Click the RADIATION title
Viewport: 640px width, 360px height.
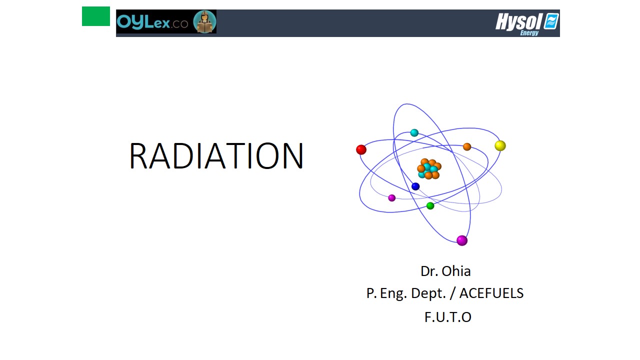pyautogui.click(x=216, y=155)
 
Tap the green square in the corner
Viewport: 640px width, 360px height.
pyautogui.click(x=96, y=16)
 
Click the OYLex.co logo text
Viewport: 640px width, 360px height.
pyautogui.click(x=152, y=21)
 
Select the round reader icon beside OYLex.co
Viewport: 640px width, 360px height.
pyautogui.click(x=204, y=21)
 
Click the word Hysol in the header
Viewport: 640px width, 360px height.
pyautogui.click(x=518, y=21)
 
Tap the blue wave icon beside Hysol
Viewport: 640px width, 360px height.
pyautogui.click(x=551, y=21)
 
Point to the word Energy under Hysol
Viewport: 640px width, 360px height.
pyautogui.click(x=529, y=33)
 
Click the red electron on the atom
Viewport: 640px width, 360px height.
pyautogui.click(x=361, y=149)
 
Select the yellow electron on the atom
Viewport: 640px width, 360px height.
pyautogui.click(x=500, y=145)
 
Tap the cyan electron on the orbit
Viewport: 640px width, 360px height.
pyautogui.click(x=414, y=132)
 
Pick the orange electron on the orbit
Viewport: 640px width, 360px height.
pyautogui.click(x=467, y=146)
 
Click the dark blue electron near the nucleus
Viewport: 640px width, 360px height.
pyautogui.click(x=415, y=186)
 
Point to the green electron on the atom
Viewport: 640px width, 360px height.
pyautogui.click(x=430, y=205)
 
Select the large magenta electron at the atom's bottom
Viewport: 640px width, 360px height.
pyautogui.click(x=462, y=240)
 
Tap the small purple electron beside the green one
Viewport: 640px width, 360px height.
pyautogui.click(x=391, y=197)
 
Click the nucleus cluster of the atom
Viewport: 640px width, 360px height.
pyautogui.click(x=429, y=169)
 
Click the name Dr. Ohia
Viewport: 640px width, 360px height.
pyautogui.click(x=445, y=271)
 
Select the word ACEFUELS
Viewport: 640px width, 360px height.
pyautogui.click(x=491, y=293)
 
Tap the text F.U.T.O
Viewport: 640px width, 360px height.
pyautogui.click(x=447, y=317)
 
